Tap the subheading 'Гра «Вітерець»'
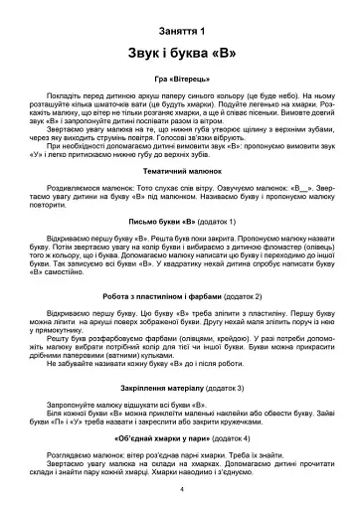(x=180, y=78)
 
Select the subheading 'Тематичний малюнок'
(x=180, y=172)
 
